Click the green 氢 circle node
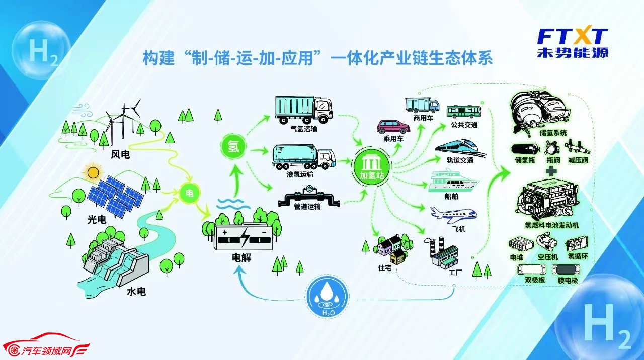(233, 148)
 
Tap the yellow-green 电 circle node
(189, 193)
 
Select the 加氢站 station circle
(372, 166)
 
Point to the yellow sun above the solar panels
(93, 173)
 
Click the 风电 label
(120, 154)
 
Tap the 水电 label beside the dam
(136, 291)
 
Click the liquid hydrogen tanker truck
(303, 157)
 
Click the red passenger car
(393, 127)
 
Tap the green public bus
(464, 112)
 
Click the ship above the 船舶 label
(453, 181)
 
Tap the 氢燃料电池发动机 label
(552, 225)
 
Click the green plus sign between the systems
(551, 171)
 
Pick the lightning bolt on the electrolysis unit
(245, 237)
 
